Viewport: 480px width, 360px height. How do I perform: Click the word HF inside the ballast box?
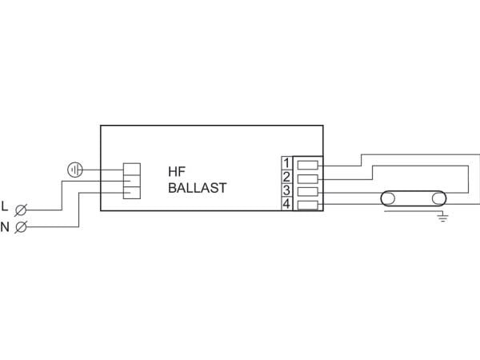177,171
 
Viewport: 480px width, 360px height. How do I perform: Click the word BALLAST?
198,188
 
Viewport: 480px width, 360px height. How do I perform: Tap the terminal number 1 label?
286,163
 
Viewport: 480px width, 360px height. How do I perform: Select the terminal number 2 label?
286,177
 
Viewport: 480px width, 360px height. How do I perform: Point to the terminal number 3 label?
286,190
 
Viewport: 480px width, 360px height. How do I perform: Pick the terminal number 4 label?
286,204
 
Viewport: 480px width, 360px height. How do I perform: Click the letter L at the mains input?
5,206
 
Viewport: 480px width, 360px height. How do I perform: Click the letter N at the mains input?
5,227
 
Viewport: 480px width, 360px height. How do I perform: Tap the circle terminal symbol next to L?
21,210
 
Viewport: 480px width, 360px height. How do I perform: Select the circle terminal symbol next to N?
21,227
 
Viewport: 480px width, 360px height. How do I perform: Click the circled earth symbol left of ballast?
75,170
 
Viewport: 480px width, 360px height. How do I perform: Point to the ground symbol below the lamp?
442,218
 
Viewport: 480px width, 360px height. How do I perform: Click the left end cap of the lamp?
388,199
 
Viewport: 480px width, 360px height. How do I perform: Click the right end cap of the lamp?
439,199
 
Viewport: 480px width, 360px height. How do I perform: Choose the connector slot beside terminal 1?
308,166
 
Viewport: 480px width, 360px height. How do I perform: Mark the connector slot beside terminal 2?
308,178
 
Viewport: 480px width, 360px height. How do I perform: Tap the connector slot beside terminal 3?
308,192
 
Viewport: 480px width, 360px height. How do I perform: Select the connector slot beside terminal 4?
308,205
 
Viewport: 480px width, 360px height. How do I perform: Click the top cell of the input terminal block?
132,169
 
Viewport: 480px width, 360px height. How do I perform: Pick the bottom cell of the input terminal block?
132,193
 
